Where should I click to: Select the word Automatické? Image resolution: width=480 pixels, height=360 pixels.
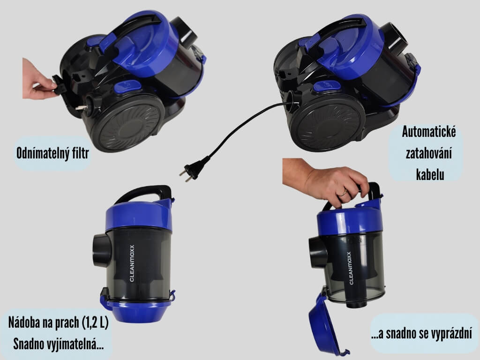click(x=429, y=132)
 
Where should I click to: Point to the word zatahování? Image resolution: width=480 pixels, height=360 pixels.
click(x=429, y=153)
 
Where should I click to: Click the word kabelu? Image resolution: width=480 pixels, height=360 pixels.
click(x=430, y=174)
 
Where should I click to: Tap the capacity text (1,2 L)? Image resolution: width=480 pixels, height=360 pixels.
click(x=95, y=323)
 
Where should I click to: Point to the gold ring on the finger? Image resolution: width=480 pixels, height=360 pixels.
click(x=344, y=193)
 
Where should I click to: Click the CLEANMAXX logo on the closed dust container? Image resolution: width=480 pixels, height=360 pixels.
click(x=132, y=263)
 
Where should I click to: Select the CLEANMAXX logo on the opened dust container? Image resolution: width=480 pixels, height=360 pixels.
click(x=349, y=268)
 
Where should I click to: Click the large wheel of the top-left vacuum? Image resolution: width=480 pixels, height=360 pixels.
click(x=127, y=123)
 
